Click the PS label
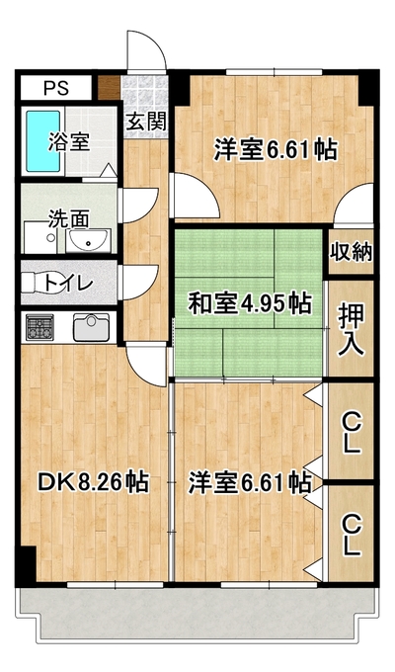[x=56, y=88]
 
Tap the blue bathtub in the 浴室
[x=43, y=141]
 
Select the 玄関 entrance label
[x=146, y=123]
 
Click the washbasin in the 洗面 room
[x=88, y=241]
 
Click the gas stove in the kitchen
[x=39, y=327]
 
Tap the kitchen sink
[x=91, y=327]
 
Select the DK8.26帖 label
[x=94, y=482]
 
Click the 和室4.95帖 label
[x=250, y=303]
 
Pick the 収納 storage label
[x=351, y=252]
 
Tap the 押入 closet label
[x=351, y=329]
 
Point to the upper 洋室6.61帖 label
[x=276, y=149]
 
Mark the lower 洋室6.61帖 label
[x=250, y=482]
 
